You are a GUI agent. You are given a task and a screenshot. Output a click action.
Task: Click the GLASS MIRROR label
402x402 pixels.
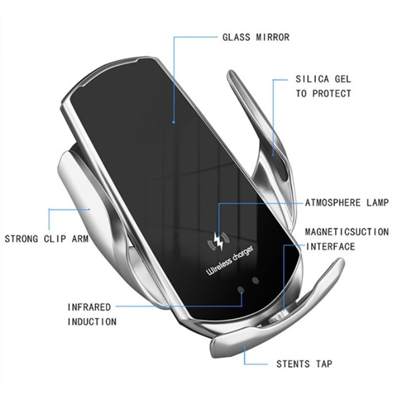coord(256,38)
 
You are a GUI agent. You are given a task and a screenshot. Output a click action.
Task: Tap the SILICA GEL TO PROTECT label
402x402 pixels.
coord(323,86)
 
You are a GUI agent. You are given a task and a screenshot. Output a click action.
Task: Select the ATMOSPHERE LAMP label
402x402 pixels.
coord(347,203)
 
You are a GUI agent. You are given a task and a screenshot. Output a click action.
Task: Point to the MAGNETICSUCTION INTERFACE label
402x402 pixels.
coord(347,239)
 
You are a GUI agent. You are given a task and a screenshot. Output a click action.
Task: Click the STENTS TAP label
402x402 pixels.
coord(304,364)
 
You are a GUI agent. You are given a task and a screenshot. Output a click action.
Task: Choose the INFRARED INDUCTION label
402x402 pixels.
coord(92,314)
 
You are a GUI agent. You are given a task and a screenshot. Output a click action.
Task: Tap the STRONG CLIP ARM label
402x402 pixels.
coord(46,239)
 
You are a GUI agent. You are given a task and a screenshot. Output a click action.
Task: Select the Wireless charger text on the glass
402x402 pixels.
coord(230,262)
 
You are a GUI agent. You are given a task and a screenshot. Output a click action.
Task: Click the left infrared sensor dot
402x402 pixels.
coord(241,290)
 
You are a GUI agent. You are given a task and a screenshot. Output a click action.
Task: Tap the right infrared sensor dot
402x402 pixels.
coord(255,281)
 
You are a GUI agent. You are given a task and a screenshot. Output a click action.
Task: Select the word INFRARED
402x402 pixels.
coord(89,307)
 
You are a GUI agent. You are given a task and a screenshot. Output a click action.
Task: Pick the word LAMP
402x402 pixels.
coord(376,203)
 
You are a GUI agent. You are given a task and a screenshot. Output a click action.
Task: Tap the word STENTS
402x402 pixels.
coord(293,364)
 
